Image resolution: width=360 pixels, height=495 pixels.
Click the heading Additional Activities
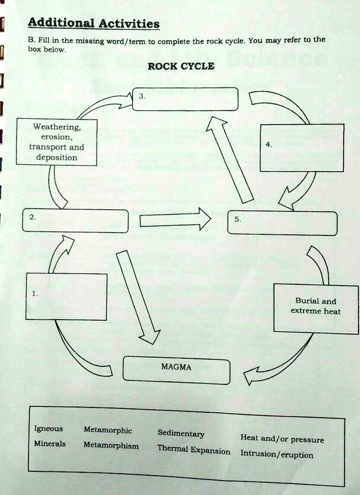93,23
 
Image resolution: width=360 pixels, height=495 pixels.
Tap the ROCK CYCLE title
181,66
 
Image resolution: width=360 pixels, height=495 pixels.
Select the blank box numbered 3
185,99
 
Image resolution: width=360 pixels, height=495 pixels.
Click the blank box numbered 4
302,148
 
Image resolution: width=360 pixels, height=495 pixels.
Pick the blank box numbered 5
282,223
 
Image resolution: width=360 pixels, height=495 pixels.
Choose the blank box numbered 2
76,221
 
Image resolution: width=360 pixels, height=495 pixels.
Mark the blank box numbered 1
66,296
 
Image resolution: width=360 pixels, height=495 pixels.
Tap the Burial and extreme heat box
316,308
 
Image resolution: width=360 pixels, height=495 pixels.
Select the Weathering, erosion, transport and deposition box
57,142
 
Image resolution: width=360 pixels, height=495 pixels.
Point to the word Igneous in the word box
48,429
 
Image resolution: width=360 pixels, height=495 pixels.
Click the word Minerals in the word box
50,443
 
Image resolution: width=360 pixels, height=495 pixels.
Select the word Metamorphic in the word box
108,430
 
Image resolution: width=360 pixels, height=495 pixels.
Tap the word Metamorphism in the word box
111,445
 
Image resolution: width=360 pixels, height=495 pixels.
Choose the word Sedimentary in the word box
181,433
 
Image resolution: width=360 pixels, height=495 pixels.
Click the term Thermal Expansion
194,450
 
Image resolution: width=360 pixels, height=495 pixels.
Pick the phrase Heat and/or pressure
282,438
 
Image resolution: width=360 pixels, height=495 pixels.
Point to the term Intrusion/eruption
277,454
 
